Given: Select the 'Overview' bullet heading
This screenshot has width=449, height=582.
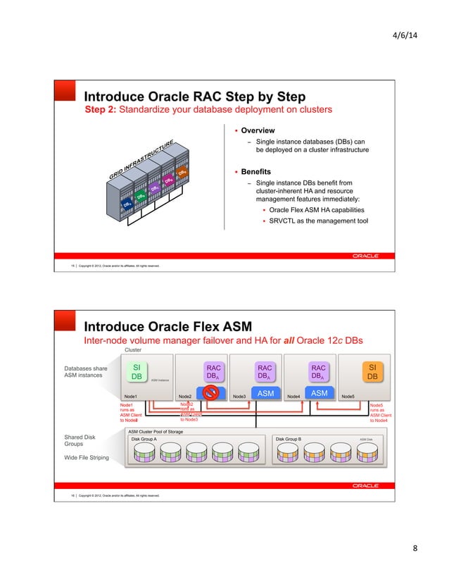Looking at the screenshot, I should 258,130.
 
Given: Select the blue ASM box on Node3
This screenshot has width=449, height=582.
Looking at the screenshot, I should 265,392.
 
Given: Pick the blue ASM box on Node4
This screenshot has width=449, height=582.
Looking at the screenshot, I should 319,392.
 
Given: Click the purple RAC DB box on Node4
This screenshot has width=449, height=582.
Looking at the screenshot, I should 318,372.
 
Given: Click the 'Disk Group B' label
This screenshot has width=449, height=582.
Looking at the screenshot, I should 289,438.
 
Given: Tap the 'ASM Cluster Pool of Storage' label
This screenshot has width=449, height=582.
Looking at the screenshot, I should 156,429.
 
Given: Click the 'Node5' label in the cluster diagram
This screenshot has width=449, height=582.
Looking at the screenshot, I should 348,397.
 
